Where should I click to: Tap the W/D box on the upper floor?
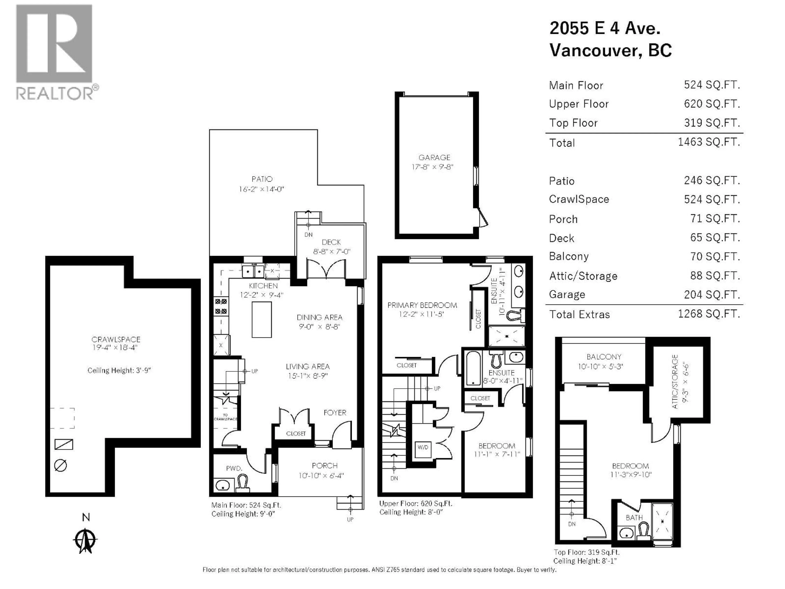423,447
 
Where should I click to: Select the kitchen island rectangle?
261,319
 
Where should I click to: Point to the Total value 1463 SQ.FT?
709,142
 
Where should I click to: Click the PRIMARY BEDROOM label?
422,305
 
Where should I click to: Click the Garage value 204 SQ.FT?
712,295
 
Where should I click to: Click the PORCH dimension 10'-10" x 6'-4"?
321,475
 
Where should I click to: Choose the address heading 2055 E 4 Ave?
605,28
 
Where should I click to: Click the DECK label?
331,242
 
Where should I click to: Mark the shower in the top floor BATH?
662,522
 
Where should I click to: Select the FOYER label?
335,413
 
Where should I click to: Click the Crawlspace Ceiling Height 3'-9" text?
119,370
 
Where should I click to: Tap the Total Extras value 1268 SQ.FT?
709,314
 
